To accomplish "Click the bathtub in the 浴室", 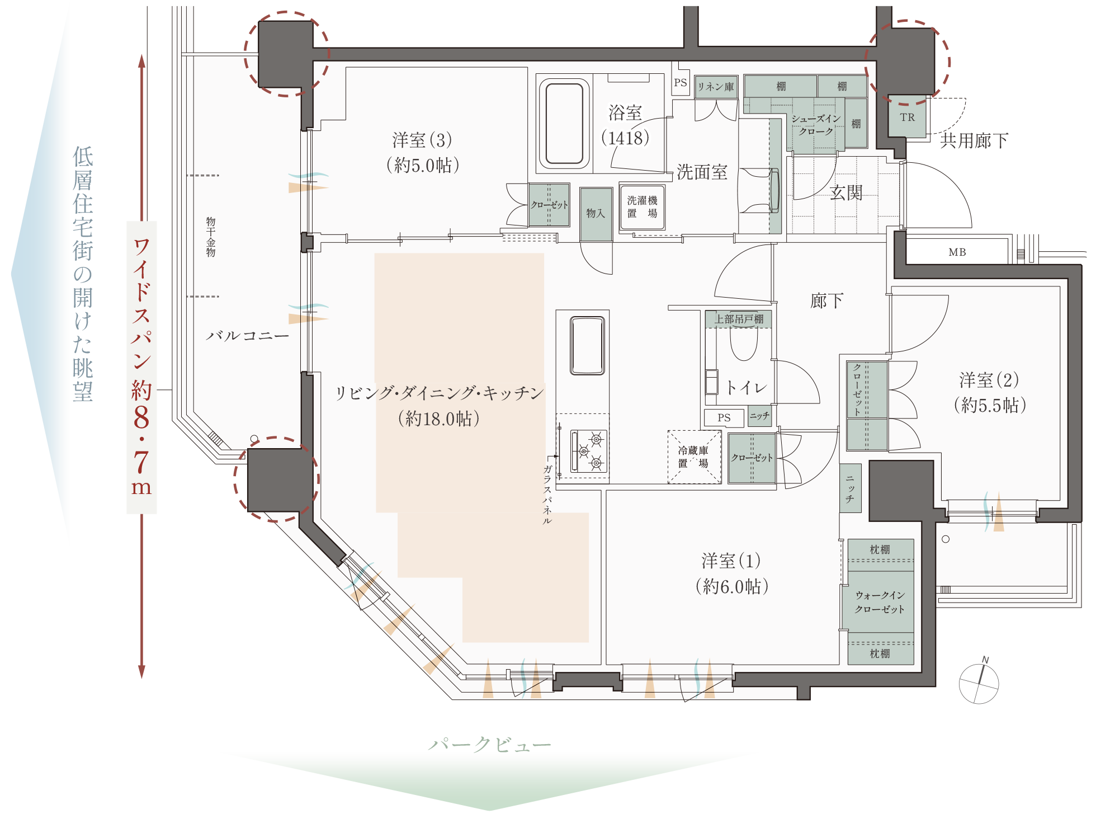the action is (564, 124).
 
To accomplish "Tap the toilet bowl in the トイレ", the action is (744, 342).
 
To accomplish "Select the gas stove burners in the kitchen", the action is (589, 451).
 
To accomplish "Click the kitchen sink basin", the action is (587, 345).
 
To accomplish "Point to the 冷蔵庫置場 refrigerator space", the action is (694, 457).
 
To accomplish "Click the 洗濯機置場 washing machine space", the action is (642, 207).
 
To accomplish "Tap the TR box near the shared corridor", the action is (907, 117).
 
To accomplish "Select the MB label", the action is (957, 252).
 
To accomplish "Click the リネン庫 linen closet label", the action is (716, 87).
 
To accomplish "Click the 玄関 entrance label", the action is (846, 193).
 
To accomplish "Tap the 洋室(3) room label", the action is (422, 140).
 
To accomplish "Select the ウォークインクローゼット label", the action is (880, 602).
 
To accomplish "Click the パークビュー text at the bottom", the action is (490, 745).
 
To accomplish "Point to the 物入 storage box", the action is (596, 214).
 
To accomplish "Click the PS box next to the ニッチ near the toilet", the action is (724, 417).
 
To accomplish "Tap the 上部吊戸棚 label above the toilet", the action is (739, 319).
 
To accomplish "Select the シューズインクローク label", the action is (816, 125).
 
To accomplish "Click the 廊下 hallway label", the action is (826, 301).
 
